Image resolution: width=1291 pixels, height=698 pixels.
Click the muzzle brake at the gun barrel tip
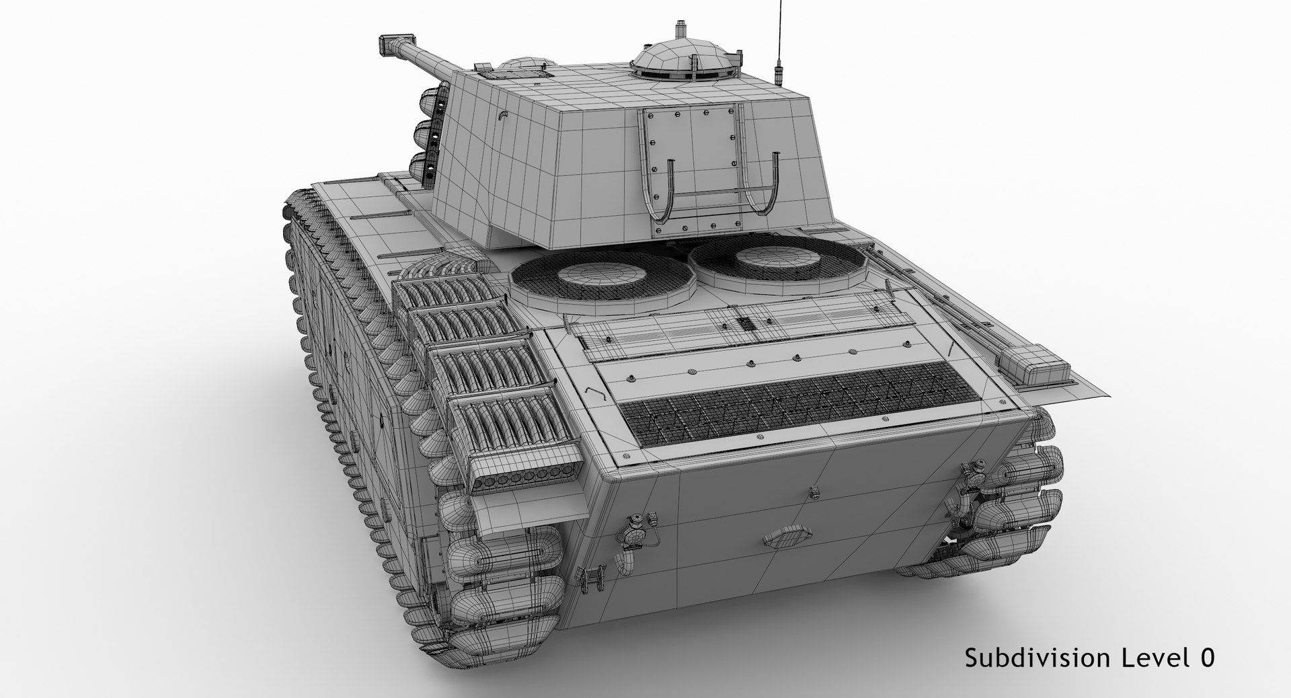pos(390,44)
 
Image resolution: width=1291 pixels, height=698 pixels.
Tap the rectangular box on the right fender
pos(1033,364)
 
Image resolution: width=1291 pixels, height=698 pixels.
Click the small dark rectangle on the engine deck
pos(746,323)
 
